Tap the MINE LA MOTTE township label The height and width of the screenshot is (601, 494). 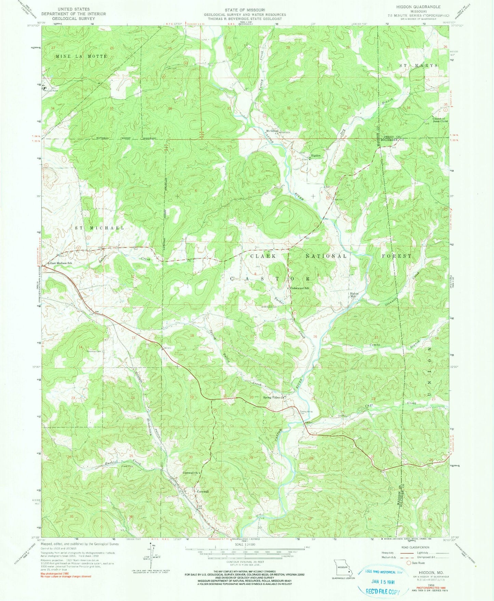pos(81,56)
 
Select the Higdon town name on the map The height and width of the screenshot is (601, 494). pos(315,155)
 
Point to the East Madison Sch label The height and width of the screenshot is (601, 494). pos(61,263)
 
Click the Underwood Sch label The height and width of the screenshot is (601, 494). pos(299,288)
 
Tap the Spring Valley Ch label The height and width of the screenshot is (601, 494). pos(274,397)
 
